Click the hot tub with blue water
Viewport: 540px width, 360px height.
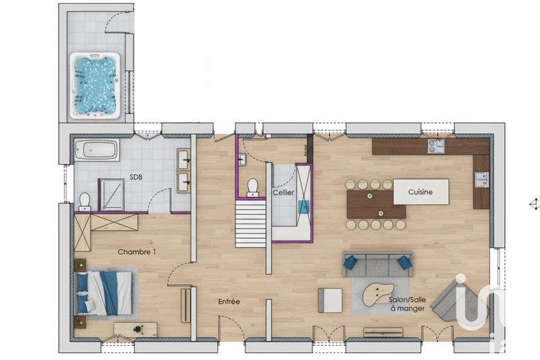point(95,85)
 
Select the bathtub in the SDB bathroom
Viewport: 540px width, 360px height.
point(97,150)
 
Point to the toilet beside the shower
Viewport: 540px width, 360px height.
point(84,200)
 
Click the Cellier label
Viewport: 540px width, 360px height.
point(283,192)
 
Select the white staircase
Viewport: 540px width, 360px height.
point(250,222)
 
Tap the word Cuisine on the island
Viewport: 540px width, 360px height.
point(420,192)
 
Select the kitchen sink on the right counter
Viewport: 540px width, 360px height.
point(481,179)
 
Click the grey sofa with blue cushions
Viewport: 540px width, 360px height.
point(377,263)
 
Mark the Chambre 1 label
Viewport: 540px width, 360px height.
point(137,252)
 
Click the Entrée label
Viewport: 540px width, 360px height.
point(229,301)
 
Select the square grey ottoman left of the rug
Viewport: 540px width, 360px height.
point(330,299)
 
